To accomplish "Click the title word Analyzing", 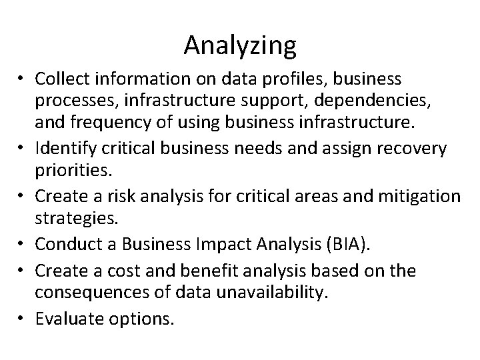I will tap(240, 45).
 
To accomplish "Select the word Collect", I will tap(64, 79).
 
